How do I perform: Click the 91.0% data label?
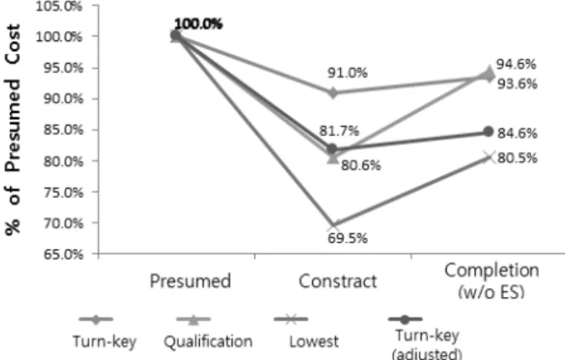pos(348,73)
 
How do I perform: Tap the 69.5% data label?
pos(348,238)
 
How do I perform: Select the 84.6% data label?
pos(517,133)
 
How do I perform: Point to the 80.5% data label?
pos(517,158)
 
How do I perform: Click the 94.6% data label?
pos(516,65)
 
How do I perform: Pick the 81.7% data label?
pos(339,131)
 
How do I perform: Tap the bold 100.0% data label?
pos(198,24)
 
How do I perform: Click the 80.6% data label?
pos(361,165)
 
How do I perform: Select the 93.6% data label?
pos(517,84)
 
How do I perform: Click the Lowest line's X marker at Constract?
pos(333,227)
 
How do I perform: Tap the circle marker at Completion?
pos(489,132)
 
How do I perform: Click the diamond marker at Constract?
pos(332,93)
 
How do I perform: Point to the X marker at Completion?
pos(489,157)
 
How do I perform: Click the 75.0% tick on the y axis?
pos(64,193)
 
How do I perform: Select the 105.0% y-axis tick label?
pos(59,6)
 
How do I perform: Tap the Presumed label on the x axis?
pos(191,281)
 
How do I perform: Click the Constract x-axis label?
pos(337,281)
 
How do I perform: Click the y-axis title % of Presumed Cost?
pos(13,129)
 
